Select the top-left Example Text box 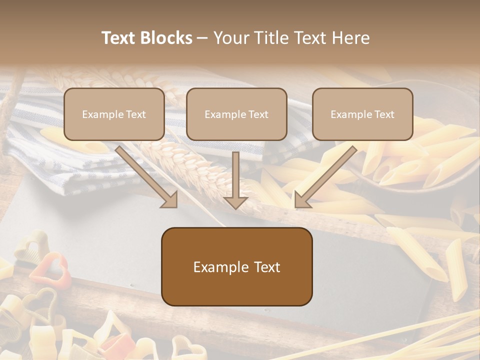(x=114, y=114)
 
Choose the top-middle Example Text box (x=236, y=114)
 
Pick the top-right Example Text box (x=362, y=114)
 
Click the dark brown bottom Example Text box (x=236, y=267)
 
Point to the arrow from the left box (x=145, y=175)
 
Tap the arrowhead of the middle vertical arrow (x=235, y=202)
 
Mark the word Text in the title (x=120, y=38)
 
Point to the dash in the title (x=202, y=38)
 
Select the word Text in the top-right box (x=384, y=114)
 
